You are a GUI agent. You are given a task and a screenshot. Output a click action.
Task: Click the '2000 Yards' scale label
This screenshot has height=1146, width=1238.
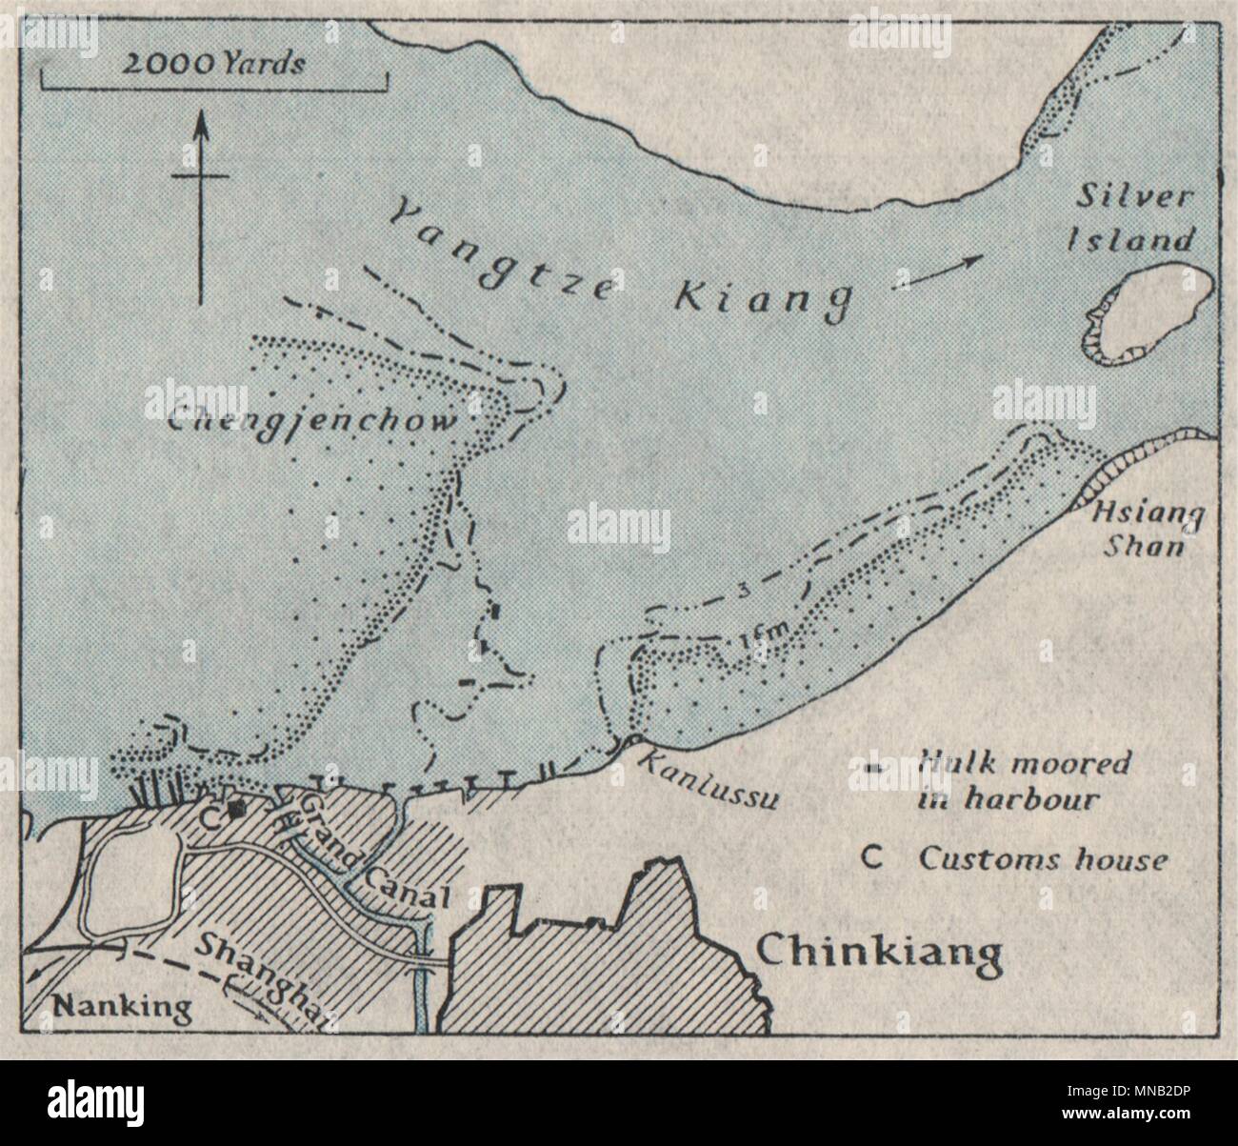pos(214,65)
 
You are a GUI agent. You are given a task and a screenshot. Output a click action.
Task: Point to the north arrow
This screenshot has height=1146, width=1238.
pos(201,205)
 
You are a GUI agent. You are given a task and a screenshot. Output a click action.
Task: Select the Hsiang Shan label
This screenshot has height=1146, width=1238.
pos(1148,530)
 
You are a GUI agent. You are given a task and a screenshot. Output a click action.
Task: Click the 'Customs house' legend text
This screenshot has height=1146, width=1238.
pos(1042,859)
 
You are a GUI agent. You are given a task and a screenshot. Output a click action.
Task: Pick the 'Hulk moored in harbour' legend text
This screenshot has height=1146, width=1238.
pos(1024,780)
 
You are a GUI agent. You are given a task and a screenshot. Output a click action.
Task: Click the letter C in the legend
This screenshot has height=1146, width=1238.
pos(869,858)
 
